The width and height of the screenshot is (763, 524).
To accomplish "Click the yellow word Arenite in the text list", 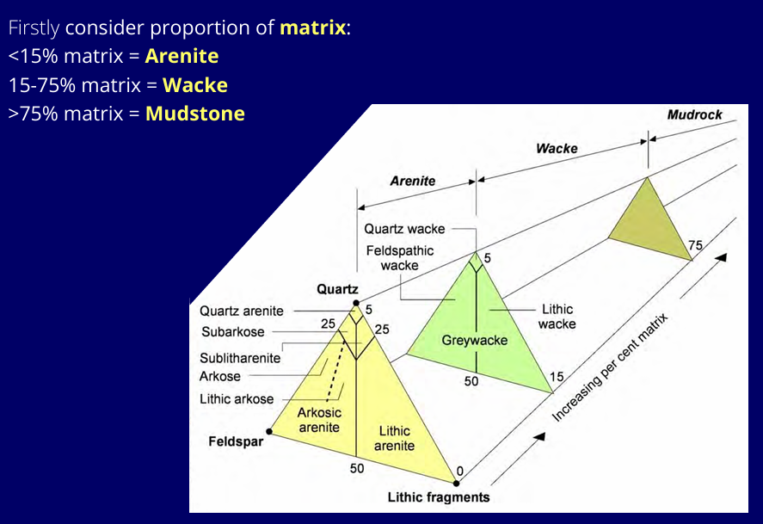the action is pyautogui.click(x=182, y=57).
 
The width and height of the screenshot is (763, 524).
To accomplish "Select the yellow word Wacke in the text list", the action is pyautogui.click(x=195, y=85).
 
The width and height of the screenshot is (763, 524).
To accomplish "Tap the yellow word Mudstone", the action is pyautogui.click(x=195, y=114).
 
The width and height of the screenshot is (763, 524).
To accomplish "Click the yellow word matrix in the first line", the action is pyautogui.click(x=312, y=28).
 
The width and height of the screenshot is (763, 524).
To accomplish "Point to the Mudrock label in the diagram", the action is pyautogui.click(x=694, y=114).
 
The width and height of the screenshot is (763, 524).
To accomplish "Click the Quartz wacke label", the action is pyautogui.click(x=404, y=229).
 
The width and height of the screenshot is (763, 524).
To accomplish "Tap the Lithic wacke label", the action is pyautogui.click(x=557, y=317).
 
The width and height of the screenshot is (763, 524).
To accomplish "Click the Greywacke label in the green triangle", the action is pyautogui.click(x=475, y=340).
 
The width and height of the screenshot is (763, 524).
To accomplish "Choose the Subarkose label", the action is pyautogui.click(x=233, y=332).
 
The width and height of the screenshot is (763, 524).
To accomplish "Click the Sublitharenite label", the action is pyautogui.click(x=240, y=358).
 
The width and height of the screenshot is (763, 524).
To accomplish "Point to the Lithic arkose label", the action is pyautogui.click(x=237, y=399).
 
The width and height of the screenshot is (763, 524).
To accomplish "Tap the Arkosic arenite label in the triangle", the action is pyautogui.click(x=320, y=420).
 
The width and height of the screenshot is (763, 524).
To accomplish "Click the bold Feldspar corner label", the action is pyautogui.click(x=235, y=442).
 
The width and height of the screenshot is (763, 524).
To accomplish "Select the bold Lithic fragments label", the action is pyautogui.click(x=438, y=497).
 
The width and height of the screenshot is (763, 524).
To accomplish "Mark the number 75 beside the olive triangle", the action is pyautogui.click(x=694, y=245).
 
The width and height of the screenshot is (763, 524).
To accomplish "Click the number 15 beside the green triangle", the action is pyautogui.click(x=557, y=376).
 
